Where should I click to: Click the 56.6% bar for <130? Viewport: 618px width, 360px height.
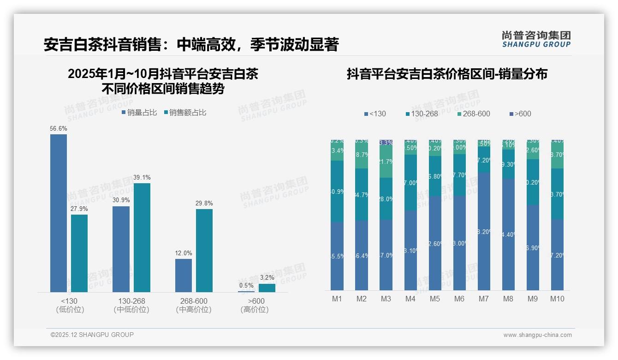pos(59,213)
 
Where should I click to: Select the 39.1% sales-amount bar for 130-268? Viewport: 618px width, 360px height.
pos(142,237)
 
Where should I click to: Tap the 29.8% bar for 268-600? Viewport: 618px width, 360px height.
pos(204,250)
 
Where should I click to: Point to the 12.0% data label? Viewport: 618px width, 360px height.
pos(184,253)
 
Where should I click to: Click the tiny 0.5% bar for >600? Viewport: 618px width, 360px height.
pos(246,291)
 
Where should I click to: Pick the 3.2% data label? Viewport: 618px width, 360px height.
pos(267,278)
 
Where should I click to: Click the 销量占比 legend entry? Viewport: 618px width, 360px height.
pos(139,113)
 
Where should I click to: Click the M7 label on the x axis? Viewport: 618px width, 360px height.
pos(483,299)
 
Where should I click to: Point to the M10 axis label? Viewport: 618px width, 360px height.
pos(557,299)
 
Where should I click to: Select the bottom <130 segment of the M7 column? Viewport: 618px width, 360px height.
pos(484,231)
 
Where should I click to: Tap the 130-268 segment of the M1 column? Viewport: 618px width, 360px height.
pos(337,191)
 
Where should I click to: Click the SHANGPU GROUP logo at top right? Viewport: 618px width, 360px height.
pos(536,39)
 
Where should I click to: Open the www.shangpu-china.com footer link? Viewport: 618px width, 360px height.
pos(537,335)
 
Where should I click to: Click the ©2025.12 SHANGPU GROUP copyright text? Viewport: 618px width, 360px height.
pos(92,335)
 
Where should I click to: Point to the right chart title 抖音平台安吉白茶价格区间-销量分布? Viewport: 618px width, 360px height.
pos(447,74)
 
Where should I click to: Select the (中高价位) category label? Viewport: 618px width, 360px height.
pos(194,310)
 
